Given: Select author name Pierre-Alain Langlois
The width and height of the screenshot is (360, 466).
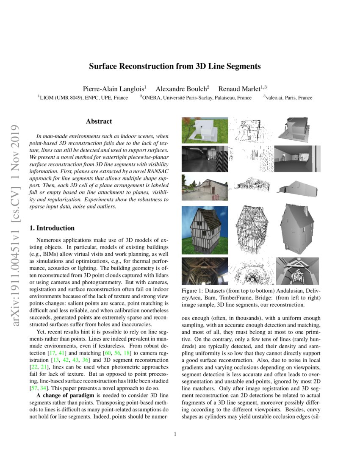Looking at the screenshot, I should tap(114, 89).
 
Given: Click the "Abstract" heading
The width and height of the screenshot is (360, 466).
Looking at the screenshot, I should tap(99, 122).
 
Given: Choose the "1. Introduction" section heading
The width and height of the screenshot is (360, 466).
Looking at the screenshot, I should tap(52, 228).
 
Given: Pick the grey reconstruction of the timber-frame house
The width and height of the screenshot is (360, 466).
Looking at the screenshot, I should tap(297, 229).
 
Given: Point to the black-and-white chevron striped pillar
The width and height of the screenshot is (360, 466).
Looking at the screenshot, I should tap(222, 158).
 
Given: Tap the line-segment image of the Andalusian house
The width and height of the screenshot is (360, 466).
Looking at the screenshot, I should tap(251, 130).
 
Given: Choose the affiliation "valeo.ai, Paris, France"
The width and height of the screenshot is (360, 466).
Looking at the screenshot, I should tap(289, 98).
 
